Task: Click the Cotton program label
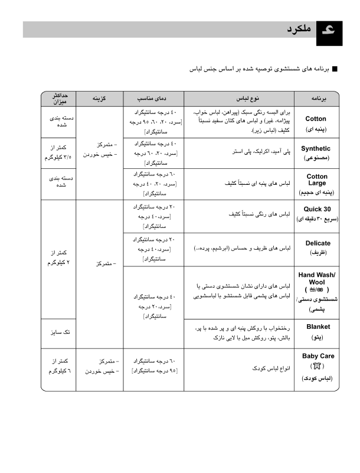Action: pos(316,119)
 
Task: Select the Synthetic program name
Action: pos(316,149)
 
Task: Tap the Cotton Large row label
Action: pos(317,180)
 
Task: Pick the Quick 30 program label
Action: pos(317,210)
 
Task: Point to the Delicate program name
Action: pos(318,243)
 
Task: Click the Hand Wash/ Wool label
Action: pos(317,279)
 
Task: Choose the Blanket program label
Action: pos(318,327)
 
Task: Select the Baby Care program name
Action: pos(318,356)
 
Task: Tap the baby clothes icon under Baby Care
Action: pos(318,366)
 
